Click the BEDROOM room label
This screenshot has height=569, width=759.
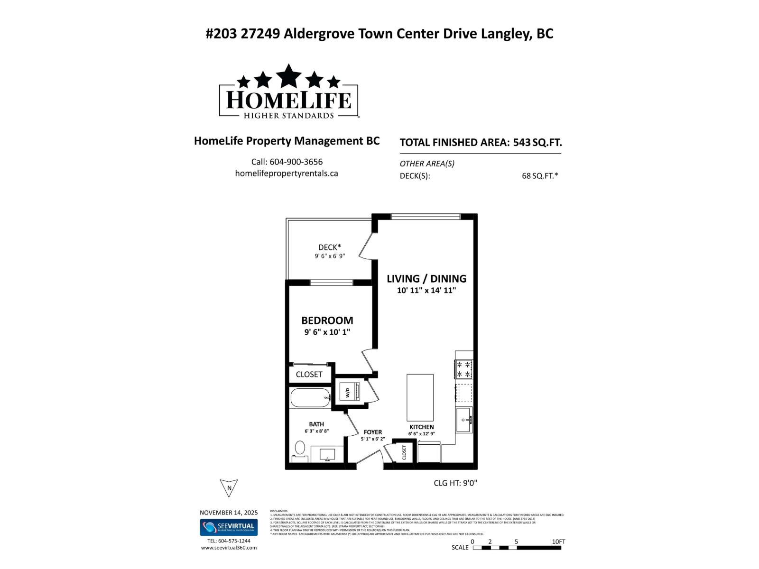pyautogui.click(x=327, y=321)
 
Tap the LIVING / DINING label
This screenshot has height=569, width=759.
pyautogui.click(x=426, y=279)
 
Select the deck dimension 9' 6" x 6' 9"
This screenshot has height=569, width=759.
pyautogui.click(x=330, y=256)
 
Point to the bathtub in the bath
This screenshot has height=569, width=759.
pyautogui.click(x=310, y=398)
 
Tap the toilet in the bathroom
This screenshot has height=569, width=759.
pyautogui.click(x=300, y=448)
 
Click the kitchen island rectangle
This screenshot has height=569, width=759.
pyautogui.click(x=420, y=397)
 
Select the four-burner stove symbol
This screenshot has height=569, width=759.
pyautogui.click(x=463, y=369)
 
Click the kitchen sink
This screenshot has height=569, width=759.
pyautogui.click(x=463, y=420)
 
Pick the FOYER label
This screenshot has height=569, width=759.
pyautogui.click(x=373, y=432)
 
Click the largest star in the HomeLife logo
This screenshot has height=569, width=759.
pyautogui.click(x=289, y=76)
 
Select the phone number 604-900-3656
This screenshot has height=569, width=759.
pyautogui.click(x=296, y=162)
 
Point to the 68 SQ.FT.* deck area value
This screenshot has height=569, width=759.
pyautogui.click(x=540, y=176)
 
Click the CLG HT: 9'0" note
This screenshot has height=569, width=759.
pyautogui.click(x=455, y=483)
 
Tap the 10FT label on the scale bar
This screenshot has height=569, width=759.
pyautogui.click(x=558, y=541)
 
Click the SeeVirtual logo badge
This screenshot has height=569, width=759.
pyautogui.click(x=229, y=527)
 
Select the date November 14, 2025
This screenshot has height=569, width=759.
pyautogui.click(x=229, y=513)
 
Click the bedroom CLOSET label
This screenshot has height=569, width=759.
pyautogui.click(x=309, y=375)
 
